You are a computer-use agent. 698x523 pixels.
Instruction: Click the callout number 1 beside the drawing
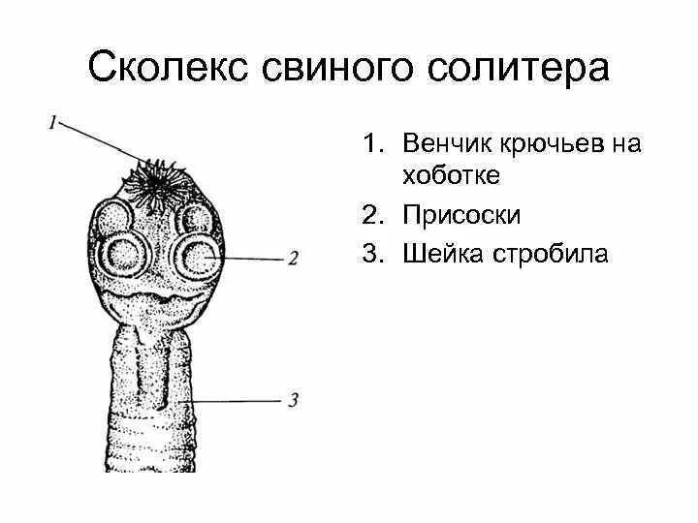click(x=53, y=122)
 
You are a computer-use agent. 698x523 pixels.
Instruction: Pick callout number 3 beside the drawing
click(x=293, y=399)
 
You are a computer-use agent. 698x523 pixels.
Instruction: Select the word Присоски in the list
click(x=452, y=215)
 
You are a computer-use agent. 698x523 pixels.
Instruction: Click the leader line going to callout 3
click(x=242, y=399)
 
